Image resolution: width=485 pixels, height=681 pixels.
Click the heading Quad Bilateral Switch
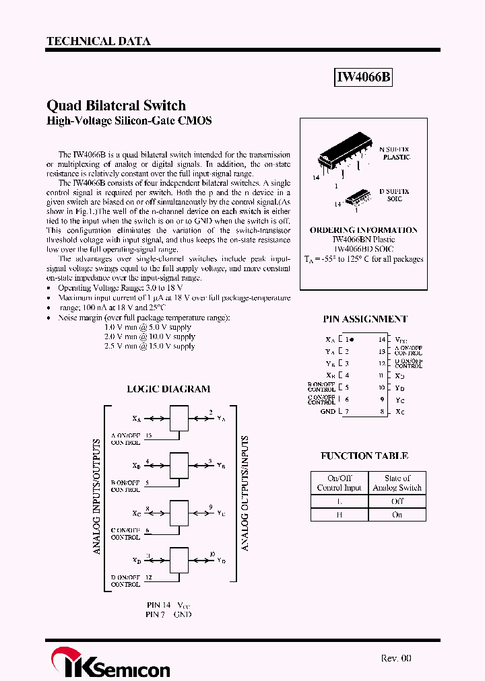point(116,105)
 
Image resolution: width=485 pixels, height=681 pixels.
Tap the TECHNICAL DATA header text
point(98,41)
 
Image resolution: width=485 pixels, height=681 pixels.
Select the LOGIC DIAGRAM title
point(168,389)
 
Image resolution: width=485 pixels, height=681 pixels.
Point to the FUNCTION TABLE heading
point(364,456)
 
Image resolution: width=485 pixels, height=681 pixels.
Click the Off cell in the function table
point(397,501)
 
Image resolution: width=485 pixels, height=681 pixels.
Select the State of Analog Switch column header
point(397,482)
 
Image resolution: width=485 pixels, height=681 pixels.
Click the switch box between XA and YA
point(179,418)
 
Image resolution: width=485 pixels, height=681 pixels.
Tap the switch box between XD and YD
point(179,559)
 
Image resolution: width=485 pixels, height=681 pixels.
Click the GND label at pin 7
point(327,411)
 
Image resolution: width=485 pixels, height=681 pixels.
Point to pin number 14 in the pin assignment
point(382,340)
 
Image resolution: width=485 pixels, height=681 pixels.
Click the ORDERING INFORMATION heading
point(363,230)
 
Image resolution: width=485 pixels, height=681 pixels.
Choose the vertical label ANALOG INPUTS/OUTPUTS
point(96,497)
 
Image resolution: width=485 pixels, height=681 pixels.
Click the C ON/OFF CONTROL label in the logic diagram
point(125,534)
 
